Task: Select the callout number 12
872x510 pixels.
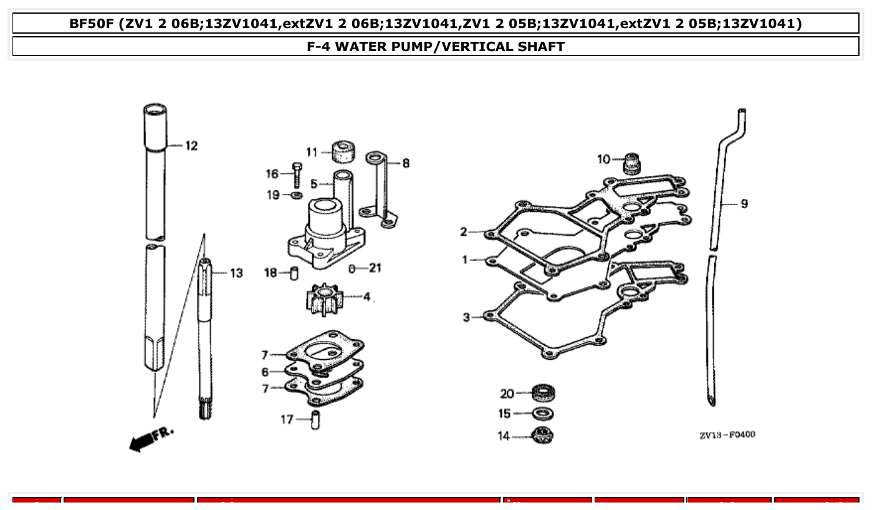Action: [191, 146]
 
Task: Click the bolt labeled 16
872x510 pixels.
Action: [297, 175]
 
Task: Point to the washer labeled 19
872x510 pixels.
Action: [297, 196]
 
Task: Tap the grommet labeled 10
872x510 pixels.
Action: [633, 162]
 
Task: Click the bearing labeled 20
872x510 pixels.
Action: [544, 393]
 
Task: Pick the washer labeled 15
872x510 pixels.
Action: [544, 413]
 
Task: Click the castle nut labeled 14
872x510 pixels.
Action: [544, 435]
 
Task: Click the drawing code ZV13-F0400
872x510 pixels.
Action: [727, 435]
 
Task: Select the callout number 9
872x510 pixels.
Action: [744, 204]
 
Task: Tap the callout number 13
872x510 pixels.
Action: [236, 273]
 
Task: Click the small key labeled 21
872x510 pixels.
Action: [353, 269]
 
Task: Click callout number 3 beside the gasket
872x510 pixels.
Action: [466, 317]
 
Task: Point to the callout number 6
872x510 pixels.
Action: [265, 372]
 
